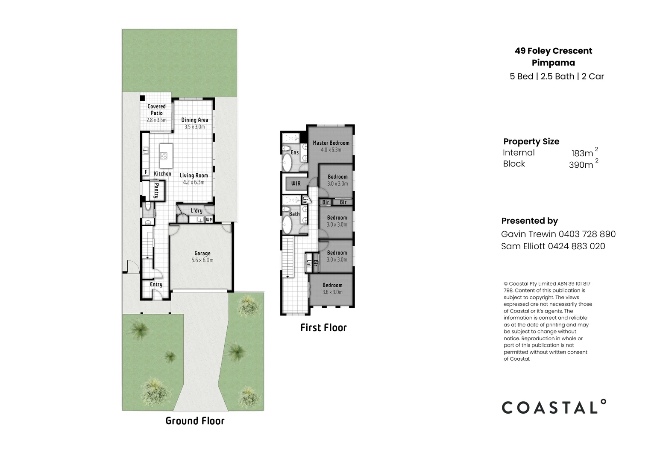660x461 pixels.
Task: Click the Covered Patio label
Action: [x=156, y=110]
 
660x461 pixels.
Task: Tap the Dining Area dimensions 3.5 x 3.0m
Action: [x=194, y=127]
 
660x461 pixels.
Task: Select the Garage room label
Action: [x=202, y=253]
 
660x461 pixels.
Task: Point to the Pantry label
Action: [x=156, y=190]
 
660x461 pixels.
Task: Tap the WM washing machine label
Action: [x=209, y=219]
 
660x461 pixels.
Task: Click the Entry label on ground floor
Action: [x=156, y=284]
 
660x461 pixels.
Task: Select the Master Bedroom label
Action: [x=331, y=143]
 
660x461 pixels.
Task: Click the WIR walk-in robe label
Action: [x=296, y=184]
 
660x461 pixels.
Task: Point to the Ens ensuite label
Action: [x=295, y=152]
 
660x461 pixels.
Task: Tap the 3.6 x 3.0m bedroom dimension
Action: [x=332, y=292]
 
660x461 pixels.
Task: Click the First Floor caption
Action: [x=323, y=328]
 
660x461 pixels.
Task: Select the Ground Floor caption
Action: [x=195, y=421]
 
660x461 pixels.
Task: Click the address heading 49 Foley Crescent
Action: [x=553, y=51]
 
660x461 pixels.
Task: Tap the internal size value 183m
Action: [x=582, y=153]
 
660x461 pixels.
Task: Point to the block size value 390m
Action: [x=581, y=165]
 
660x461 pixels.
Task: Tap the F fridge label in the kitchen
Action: [x=146, y=172]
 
